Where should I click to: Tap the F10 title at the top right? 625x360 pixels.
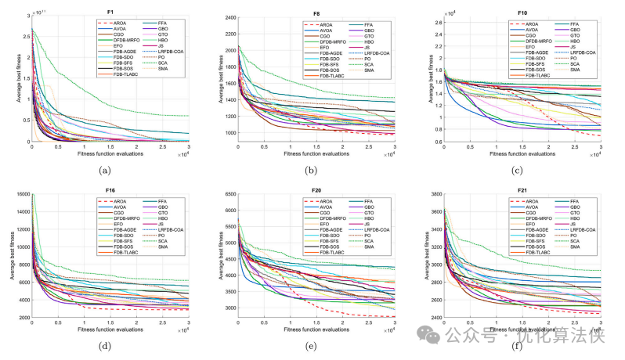(x=522, y=10)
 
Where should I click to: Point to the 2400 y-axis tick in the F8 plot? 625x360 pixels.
(x=228, y=17)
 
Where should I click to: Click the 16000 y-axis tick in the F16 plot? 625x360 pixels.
(x=21, y=194)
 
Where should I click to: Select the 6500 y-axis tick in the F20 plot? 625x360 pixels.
(x=228, y=194)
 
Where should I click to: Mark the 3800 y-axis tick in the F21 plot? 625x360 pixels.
(x=434, y=194)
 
